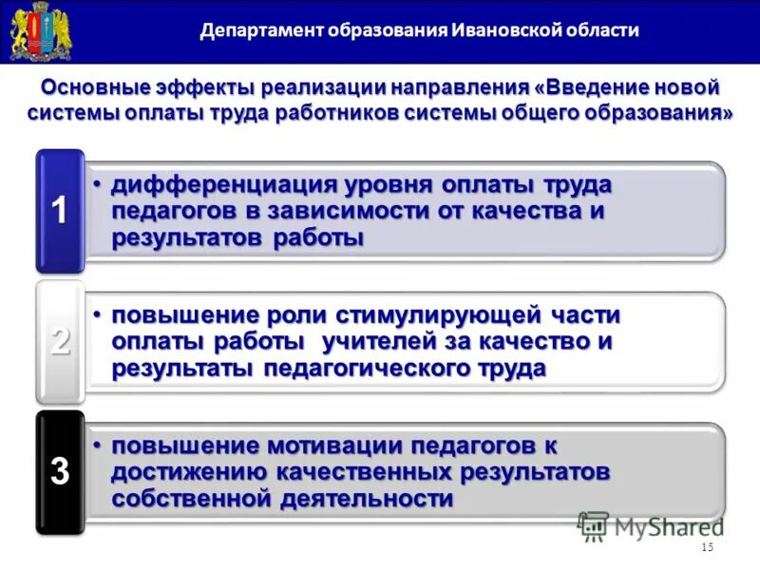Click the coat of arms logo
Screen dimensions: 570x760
click(34, 31)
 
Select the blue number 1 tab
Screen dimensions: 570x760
click(59, 210)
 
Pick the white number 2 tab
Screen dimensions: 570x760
click(60, 340)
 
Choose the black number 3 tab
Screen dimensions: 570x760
click(60, 471)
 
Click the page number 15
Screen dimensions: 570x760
click(706, 548)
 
